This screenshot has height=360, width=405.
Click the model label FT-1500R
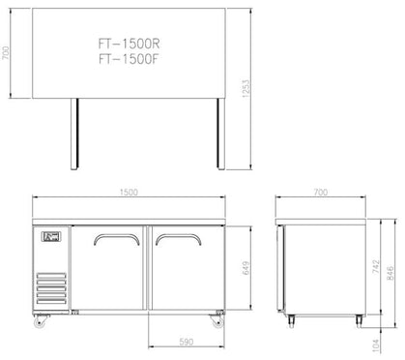(x=129, y=44)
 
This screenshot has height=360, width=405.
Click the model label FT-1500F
(x=129, y=59)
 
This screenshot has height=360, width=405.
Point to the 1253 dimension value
(x=246, y=89)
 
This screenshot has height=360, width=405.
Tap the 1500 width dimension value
(x=129, y=193)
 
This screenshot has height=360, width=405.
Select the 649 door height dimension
(x=246, y=268)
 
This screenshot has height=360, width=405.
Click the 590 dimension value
(x=187, y=342)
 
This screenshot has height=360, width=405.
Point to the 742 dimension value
(x=376, y=267)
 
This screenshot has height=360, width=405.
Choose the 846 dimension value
(x=390, y=273)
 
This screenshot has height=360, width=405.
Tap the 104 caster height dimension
(x=376, y=345)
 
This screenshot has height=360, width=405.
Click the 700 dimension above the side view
(x=321, y=193)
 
